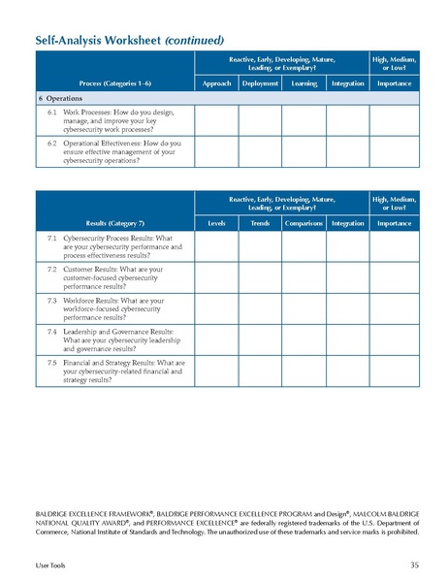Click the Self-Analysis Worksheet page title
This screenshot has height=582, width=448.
[x=130, y=40]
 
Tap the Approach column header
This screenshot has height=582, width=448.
[x=216, y=83]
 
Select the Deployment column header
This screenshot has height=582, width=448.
[x=260, y=83]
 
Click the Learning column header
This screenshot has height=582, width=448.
[x=304, y=83]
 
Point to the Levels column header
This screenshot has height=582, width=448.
[x=216, y=224]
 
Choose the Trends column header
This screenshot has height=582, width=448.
[x=260, y=224]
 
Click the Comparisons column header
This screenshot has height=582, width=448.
[x=304, y=224]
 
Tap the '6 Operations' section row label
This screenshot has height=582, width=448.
[x=61, y=99]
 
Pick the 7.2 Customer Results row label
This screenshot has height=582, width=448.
[x=109, y=278]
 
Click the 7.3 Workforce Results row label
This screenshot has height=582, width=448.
[x=109, y=309]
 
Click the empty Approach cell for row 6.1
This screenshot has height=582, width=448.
[x=216, y=120]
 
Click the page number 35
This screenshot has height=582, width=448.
[x=414, y=564]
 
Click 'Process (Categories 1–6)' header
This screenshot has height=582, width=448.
[x=114, y=83]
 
